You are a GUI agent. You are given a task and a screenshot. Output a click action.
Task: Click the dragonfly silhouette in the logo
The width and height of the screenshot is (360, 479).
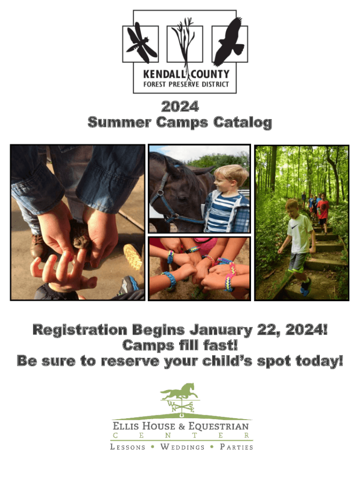point(141,43)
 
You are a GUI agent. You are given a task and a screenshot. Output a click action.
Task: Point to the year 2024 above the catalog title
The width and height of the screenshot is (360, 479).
point(180,107)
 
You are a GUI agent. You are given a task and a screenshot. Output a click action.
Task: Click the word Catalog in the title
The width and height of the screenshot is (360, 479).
point(243,123)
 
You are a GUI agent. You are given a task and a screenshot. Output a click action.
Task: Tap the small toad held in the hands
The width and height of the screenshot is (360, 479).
point(80,234)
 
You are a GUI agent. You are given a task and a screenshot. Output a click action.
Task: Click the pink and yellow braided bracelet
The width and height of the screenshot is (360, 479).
point(230,279)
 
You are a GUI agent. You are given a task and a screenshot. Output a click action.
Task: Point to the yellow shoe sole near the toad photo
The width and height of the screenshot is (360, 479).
point(133,257)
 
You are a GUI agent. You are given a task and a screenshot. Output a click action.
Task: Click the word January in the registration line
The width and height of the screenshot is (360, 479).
point(221,330)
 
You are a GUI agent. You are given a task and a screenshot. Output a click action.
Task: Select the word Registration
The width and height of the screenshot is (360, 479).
point(79,330)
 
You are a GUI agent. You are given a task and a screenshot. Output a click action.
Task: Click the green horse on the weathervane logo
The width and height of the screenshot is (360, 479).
point(179,392)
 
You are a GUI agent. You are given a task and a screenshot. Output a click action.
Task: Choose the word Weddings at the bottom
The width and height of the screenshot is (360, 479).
point(182,447)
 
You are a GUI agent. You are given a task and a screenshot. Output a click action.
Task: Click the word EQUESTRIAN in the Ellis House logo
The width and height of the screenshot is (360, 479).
point(218,426)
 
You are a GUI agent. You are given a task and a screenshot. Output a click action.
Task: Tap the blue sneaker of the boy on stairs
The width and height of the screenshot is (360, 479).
point(305,287)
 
